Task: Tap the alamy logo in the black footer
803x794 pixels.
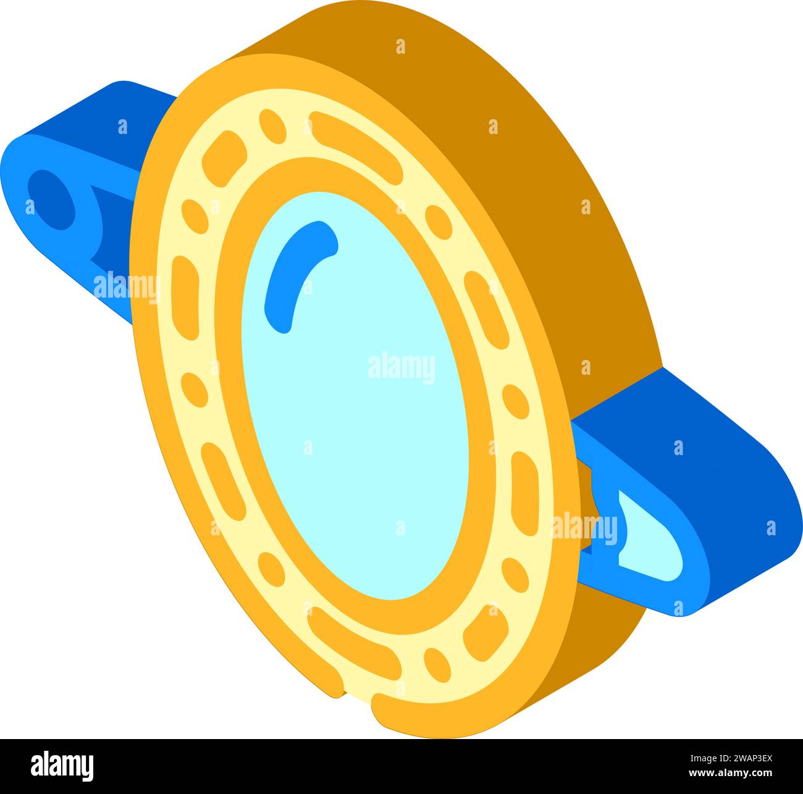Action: tap(62, 766)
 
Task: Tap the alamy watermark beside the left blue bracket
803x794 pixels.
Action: tap(127, 287)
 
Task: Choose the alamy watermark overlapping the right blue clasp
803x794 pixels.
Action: tap(584, 529)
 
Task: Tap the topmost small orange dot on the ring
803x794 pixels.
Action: tap(272, 127)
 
